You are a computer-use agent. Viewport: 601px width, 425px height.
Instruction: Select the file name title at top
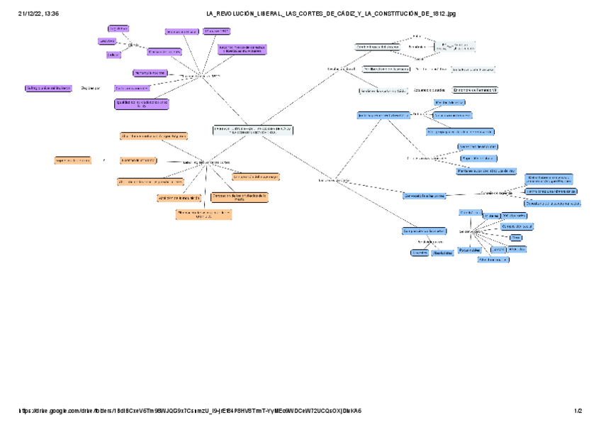click(331, 13)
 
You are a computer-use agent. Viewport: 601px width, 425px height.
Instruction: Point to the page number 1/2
click(578, 411)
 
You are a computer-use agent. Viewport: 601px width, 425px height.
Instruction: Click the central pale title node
click(253, 131)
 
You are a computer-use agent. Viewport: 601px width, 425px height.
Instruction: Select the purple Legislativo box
click(118, 28)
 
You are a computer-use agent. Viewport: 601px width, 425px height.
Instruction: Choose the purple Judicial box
click(113, 55)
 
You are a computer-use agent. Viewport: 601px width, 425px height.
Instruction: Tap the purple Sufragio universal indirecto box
click(48, 88)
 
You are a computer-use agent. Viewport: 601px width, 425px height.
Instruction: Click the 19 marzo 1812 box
click(216, 31)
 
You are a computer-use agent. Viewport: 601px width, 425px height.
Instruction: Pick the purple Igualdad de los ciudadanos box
click(142, 104)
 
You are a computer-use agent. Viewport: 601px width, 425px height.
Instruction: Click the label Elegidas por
click(90, 88)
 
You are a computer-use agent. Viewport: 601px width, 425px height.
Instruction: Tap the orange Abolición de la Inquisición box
click(176, 198)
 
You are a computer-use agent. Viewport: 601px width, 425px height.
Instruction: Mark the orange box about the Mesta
click(240, 198)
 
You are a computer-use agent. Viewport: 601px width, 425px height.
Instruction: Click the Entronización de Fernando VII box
click(476, 91)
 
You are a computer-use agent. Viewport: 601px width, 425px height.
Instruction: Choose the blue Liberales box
click(419, 253)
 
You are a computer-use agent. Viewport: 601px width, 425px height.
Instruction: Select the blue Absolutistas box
click(442, 253)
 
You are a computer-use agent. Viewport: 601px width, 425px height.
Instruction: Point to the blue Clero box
click(516, 237)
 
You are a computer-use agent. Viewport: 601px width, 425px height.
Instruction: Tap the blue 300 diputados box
click(514, 214)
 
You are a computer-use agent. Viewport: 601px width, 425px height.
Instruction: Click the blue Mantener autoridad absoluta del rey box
click(485, 170)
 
